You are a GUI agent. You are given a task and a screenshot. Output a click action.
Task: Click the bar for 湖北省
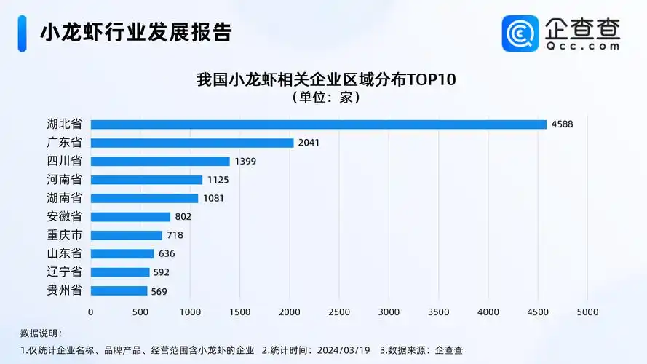(318, 124)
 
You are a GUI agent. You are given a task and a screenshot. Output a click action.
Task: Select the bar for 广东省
(192, 143)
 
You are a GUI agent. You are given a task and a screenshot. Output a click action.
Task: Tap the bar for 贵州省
(119, 290)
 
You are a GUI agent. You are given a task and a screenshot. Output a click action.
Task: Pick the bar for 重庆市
(126, 235)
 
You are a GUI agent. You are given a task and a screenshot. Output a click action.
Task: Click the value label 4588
(562, 124)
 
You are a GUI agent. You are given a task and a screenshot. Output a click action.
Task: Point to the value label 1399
(245, 161)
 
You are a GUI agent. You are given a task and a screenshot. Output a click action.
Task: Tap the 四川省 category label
(64, 161)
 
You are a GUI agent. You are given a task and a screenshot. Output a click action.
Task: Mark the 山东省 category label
(64, 253)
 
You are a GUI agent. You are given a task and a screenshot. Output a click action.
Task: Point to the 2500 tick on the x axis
(339, 312)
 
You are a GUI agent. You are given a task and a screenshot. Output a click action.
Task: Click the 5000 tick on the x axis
(587, 312)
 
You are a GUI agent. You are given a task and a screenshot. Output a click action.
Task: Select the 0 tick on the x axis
(91, 312)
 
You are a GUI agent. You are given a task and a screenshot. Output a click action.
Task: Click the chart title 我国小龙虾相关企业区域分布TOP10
(325, 79)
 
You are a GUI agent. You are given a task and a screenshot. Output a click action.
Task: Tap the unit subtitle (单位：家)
(325, 97)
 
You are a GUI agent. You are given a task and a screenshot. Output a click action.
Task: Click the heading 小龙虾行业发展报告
(135, 33)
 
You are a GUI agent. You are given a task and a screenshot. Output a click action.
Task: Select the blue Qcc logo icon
(520, 33)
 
